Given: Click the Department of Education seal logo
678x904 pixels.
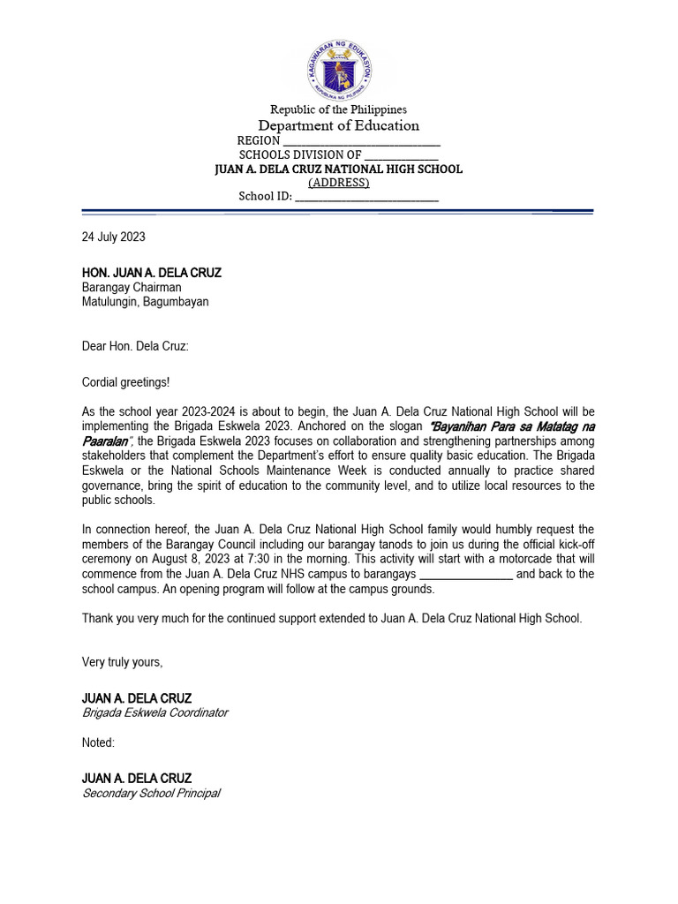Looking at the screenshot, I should (x=339, y=70).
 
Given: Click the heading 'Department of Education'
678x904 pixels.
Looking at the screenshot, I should (x=338, y=125).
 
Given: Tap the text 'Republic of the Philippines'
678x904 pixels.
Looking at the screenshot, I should (x=338, y=109).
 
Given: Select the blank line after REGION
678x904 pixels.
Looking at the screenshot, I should (x=361, y=141).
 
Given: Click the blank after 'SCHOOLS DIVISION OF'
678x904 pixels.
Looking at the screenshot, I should (x=402, y=154).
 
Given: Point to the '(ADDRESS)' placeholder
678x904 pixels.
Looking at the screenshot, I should (x=338, y=183).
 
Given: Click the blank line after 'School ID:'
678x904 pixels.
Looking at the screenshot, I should (x=366, y=197).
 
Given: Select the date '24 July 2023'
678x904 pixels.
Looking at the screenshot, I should (x=114, y=237).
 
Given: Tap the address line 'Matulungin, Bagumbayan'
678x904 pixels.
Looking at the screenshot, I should (x=146, y=301).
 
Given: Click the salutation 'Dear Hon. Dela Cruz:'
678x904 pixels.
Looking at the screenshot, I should (x=135, y=346).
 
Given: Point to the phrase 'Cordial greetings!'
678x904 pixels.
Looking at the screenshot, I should (x=126, y=381).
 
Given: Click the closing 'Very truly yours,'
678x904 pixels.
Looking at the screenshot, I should (x=123, y=662).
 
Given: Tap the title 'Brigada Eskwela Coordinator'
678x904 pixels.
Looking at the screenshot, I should (x=154, y=712).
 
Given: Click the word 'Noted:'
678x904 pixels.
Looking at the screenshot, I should (x=98, y=742).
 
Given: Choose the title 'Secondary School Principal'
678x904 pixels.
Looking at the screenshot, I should (x=151, y=793).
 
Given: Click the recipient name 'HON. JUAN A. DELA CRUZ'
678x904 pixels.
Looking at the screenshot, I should (x=152, y=273).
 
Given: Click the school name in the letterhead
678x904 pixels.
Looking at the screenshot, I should (x=339, y=169).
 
